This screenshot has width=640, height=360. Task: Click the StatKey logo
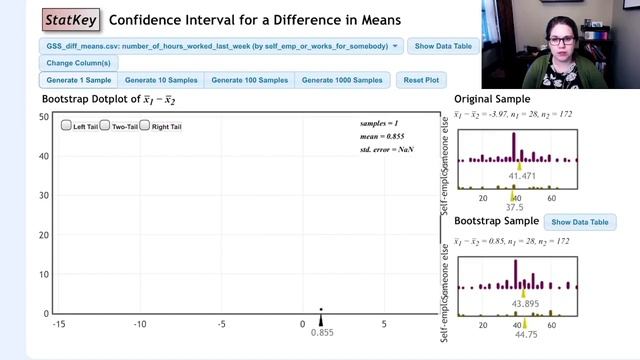[x=71, y=19]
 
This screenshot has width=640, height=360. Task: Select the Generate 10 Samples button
[x=162, y=80]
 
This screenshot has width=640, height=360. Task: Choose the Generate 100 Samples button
[x=250, y=80]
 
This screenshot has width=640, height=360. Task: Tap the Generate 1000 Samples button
[x=342, y=80]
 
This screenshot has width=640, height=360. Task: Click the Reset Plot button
[x=421, y=80]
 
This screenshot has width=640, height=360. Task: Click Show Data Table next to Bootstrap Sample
[x=580, y=222]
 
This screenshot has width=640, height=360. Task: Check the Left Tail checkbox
[x=66, y=126]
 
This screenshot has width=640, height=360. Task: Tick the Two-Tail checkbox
[x=105, y=126]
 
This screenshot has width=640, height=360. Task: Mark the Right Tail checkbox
[x=145, y=126]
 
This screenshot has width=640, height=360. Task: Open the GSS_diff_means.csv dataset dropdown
[x=222, y=46]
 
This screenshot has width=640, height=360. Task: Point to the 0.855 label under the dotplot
[x=321, y=332]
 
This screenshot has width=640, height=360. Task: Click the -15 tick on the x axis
[x=59, y=324]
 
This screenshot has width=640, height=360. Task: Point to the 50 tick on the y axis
[x=44, y=117]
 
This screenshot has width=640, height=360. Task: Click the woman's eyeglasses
[x=561, y=41]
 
